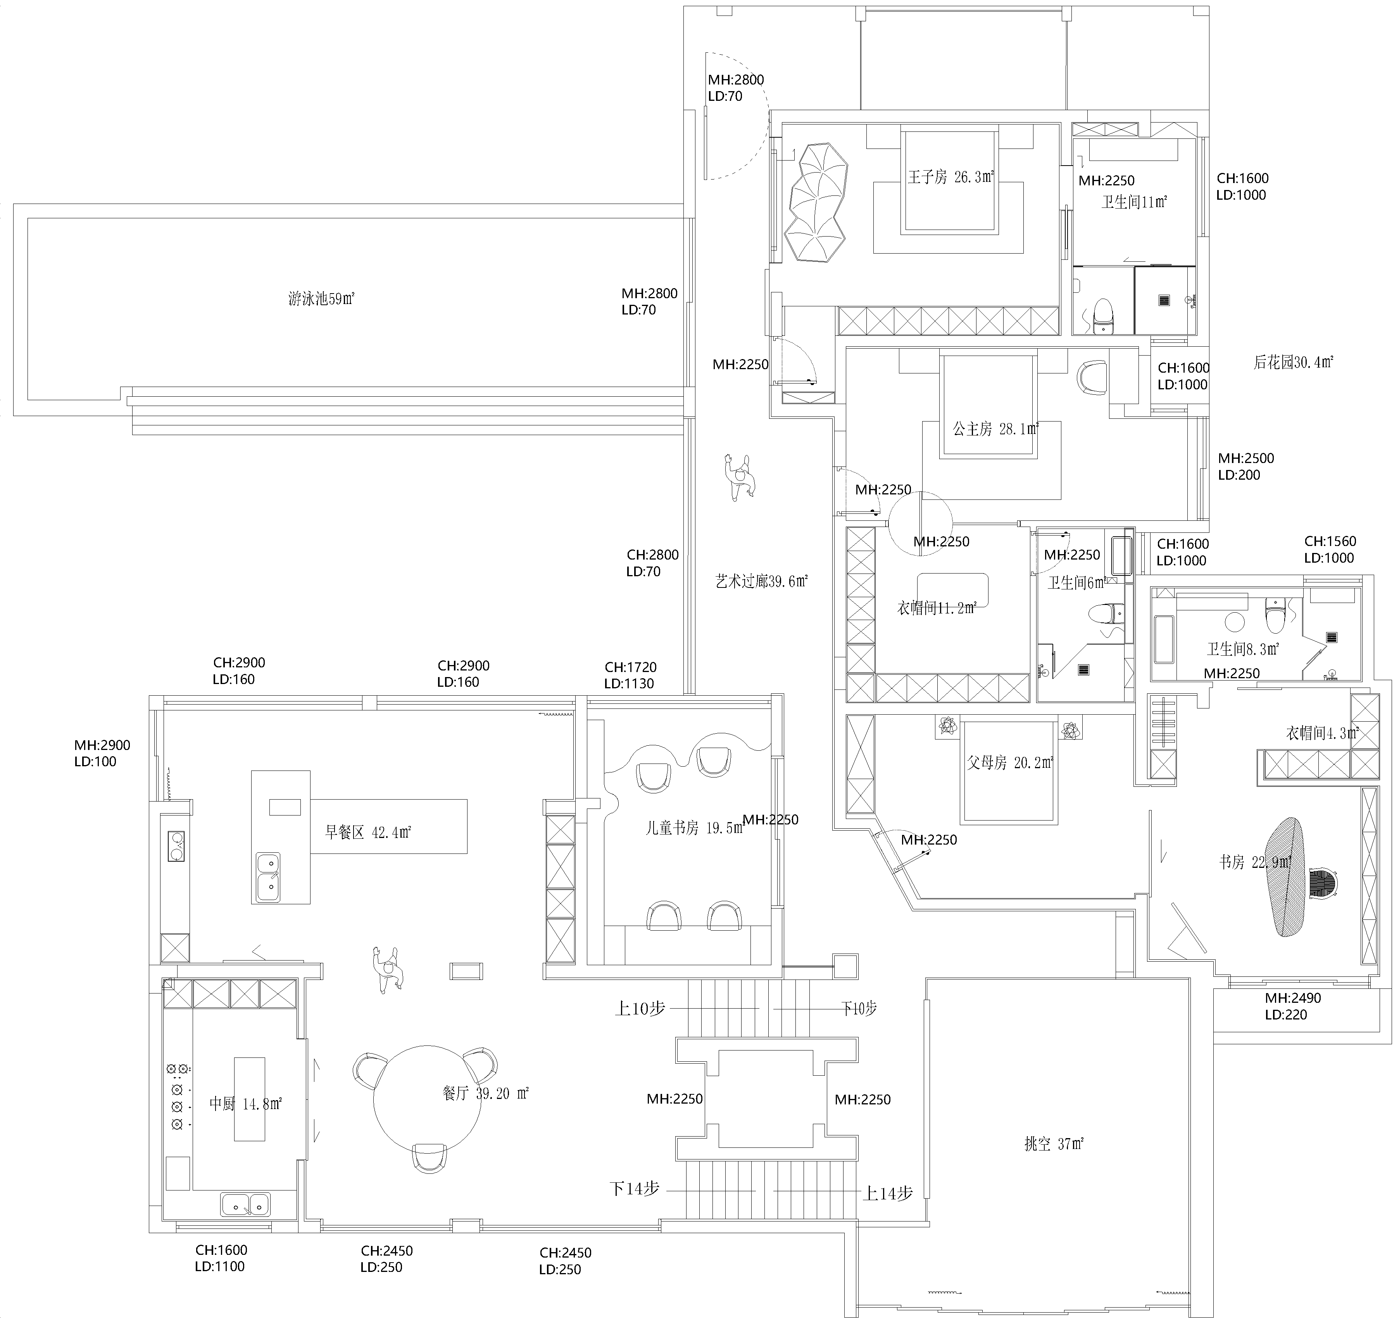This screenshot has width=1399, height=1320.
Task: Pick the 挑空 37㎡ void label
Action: click(x=1054, y=1144)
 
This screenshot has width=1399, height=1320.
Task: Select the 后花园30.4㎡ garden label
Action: click(x=1294, y=363)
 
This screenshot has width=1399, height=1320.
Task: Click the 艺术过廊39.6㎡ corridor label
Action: click(x=761, y=582)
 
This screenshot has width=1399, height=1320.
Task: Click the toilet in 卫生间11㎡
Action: click(x=1103, y=314)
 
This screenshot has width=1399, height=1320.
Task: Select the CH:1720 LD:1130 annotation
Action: click(x=630, y=675)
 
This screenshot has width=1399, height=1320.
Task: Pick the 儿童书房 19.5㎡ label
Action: click(x=694, y=828)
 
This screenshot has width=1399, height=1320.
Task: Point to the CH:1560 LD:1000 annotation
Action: click(x=1328, y=549)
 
